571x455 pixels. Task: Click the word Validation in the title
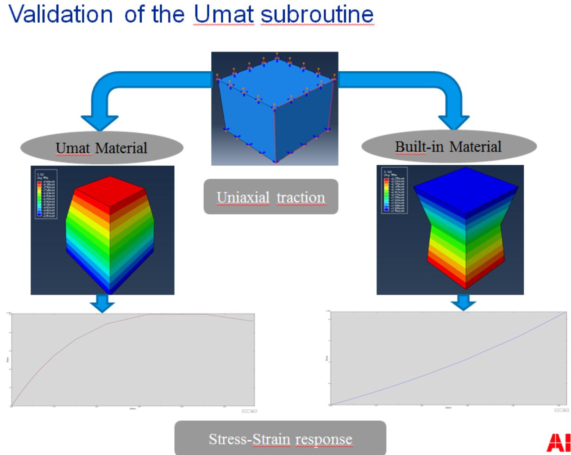click(60, 14)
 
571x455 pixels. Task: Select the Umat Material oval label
click(101, 148)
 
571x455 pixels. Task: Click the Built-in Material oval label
click(448, 147)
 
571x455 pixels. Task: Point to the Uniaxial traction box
click(271, 197)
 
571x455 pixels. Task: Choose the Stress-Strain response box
click(280, 438)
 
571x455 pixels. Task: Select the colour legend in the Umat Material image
click(46, 194)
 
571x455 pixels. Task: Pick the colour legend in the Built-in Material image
click(394, 190)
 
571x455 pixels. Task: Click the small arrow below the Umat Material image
click(102, 304)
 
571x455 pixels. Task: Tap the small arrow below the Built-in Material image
click(463, 302)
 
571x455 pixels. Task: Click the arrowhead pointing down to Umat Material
click(100, 122)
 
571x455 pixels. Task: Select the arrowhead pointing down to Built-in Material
click(453, 122)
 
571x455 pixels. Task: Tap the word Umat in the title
click(224, 14)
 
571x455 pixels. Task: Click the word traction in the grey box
click(301, 197)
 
